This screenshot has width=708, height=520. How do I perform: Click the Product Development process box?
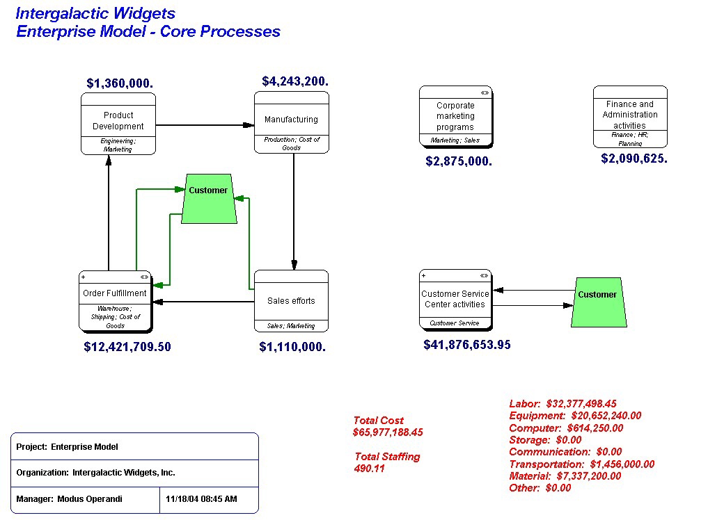point(118,122)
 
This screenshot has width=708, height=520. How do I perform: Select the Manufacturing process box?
point(291,121)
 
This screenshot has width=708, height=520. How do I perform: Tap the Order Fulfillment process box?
point(115,300)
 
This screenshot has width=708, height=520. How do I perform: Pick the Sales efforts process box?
point(291,301)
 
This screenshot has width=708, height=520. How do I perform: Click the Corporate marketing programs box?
point(455,116)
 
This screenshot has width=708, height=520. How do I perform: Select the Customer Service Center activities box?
point(455,300)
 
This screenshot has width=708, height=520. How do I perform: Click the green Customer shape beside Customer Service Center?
point(597,301)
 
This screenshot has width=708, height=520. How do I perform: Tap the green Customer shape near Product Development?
point(208,198)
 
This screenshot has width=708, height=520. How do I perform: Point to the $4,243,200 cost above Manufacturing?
point(295,81)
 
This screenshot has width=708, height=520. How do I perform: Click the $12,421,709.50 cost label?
point(127,347)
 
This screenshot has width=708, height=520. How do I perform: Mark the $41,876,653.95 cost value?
point(467,344)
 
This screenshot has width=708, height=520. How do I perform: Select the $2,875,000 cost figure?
point(459,161)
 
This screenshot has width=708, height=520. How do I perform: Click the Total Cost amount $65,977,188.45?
point(388,432)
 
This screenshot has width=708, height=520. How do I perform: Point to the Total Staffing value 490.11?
point(369,469)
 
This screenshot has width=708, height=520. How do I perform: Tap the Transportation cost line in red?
point(581,464)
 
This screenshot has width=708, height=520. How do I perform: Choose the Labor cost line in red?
point(563,403)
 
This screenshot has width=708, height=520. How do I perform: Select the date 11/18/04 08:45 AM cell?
point(202,499)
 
